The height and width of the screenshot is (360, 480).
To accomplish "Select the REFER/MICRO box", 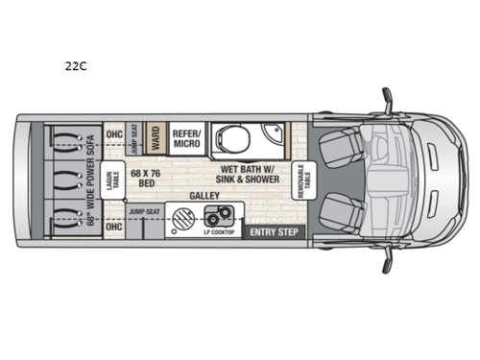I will (x=186, y=135).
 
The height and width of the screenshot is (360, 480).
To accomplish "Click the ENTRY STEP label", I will (x=273, y=231).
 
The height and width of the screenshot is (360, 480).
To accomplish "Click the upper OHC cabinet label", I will (x=114, y=133).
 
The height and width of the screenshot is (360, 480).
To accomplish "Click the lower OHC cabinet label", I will (x=114, y=228).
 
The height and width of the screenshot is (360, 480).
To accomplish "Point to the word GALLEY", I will (x=204, y=196).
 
